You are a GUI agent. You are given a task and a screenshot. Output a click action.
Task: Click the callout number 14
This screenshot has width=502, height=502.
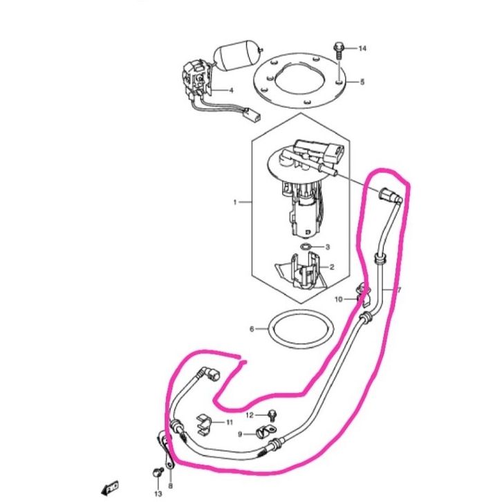coord(362,48)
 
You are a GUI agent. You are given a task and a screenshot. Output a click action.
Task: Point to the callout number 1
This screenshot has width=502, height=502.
coord(235,203)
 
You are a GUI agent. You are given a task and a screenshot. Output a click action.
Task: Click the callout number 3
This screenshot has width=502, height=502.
coord(328,247)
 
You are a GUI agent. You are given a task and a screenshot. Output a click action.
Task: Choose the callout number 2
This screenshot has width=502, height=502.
coord(332,267)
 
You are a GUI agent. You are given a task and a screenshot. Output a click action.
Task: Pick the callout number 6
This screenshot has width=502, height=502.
coord(252,329)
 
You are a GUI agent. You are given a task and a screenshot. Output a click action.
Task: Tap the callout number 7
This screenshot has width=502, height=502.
coord(398,290)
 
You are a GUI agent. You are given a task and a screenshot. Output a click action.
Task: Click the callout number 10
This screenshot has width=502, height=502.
coord(339,299)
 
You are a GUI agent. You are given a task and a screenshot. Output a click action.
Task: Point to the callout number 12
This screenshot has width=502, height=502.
coord(251,414)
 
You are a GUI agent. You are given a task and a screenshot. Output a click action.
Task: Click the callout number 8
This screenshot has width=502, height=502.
coord(170,467)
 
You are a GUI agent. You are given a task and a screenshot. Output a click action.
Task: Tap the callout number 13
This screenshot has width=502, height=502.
coord(158,493)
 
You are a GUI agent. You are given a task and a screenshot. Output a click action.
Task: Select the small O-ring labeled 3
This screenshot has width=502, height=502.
coord(306,246)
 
